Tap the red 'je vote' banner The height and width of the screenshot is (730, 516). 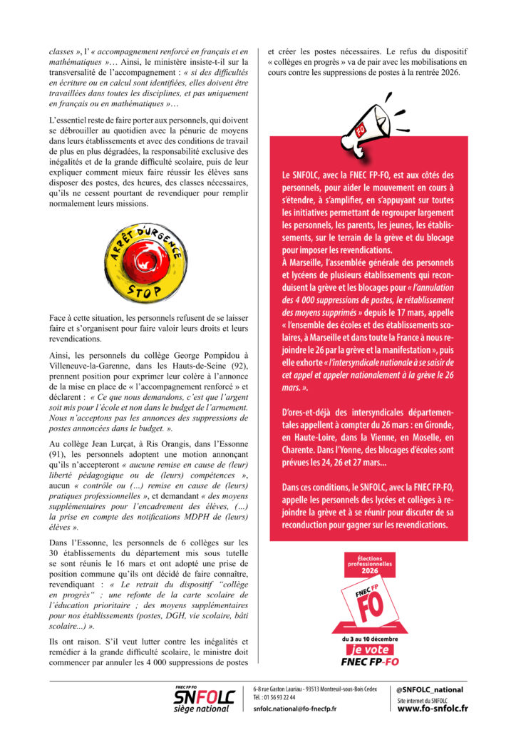coord(369,649)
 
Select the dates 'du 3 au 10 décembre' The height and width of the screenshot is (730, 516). coord(369,638)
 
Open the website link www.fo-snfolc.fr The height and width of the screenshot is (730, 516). coord(433,709)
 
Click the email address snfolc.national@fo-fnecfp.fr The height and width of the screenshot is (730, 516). coord(294,709)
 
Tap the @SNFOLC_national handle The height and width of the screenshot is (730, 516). coord(430,689)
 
